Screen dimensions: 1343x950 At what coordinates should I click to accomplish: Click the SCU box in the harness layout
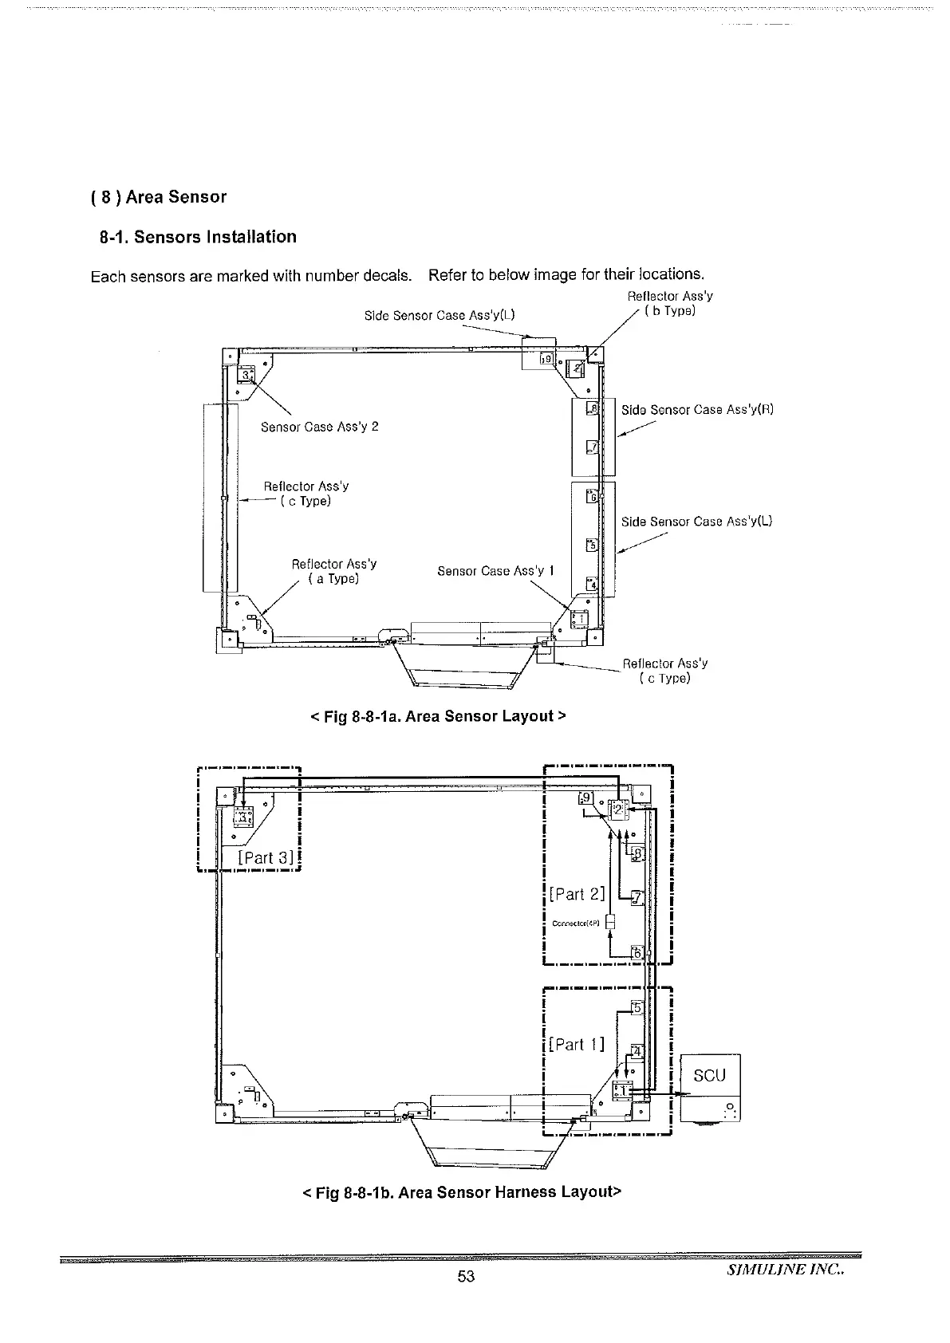(709, 1075)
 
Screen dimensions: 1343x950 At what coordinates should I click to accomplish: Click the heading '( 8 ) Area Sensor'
(159, 197)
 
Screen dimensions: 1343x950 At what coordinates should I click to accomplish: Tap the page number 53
(466, 1276)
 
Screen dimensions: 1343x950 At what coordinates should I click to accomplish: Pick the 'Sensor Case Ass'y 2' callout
(319, 427)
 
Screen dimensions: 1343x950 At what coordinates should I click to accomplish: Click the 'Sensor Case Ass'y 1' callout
(496, 571)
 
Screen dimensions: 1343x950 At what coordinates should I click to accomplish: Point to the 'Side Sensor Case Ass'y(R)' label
(697, 410)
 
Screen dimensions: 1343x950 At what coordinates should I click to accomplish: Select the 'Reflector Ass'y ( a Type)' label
(333, 571)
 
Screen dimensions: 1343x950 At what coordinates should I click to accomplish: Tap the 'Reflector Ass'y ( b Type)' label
(670, 303)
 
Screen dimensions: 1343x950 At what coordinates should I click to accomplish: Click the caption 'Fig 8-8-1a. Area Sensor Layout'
(437, 715)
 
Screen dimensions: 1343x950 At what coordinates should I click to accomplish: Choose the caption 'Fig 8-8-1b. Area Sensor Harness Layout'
(461, 1192)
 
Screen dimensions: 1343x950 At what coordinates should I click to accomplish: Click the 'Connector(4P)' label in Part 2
(577, 924)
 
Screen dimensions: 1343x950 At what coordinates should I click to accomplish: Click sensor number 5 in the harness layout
(637, 1007)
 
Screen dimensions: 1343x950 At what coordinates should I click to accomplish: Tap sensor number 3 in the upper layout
(247, 375)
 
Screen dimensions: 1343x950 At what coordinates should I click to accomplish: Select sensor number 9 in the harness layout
(585, 798)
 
